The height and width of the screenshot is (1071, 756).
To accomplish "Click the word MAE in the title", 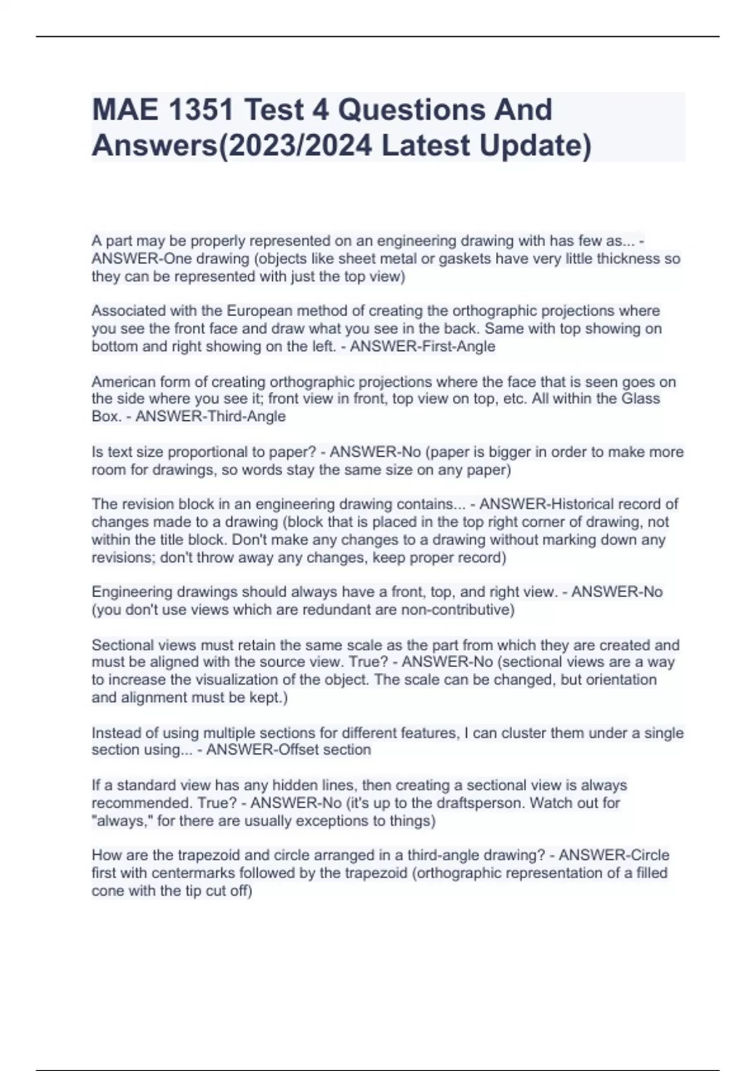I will (x=125, y=110).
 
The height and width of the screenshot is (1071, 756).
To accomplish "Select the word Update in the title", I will (x=535, y=146).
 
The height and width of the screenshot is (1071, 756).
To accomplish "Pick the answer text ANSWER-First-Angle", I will (x=423, y=346).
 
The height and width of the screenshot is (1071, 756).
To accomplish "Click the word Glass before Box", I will (x=641, y=399).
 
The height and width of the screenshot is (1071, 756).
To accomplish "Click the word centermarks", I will (x=192, y=873).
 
